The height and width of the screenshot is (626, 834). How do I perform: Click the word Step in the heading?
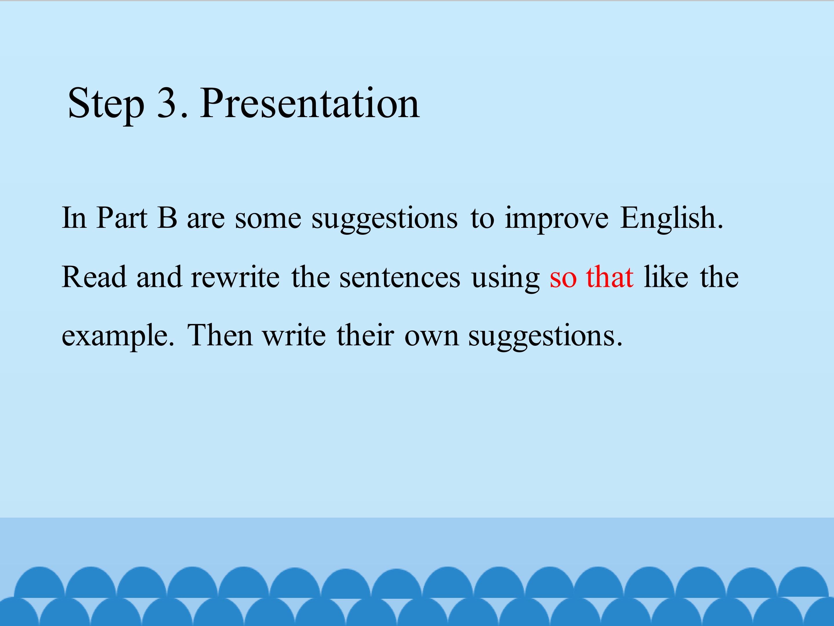pyautogui.click(x=106, y=105)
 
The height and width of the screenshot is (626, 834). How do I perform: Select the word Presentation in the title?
pyautogui.click(x=310, y=103)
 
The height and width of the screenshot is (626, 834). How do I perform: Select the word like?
pyautogui.click(x=666, y=276)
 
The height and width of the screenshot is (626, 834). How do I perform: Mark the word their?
pyautogui.click(x=365, y=335)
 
